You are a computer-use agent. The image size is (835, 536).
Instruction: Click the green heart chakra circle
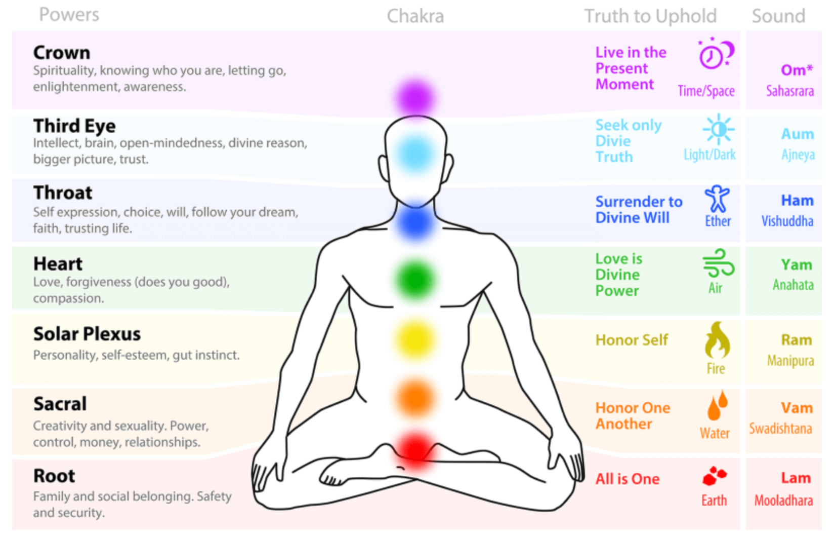coord(415,280)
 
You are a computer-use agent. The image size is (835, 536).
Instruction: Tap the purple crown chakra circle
coord(415,98)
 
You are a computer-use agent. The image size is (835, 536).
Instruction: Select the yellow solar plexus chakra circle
coord(415,340)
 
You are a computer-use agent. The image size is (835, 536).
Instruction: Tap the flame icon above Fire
coord(717,340)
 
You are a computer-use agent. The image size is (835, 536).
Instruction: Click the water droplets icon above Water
coord(717,405)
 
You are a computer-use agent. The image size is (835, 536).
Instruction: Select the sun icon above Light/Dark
coord(718,129)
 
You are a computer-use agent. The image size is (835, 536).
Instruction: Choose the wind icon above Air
coord(718,263)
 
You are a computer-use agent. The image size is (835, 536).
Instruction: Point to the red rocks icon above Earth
coord(715,476)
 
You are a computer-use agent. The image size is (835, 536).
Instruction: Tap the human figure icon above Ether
coord(717,198)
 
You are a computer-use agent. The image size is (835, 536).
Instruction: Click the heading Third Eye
coord(74,126)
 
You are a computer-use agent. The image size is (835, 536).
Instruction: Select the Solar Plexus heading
coord(87,334)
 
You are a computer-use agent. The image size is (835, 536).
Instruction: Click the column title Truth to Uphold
coord(650,16)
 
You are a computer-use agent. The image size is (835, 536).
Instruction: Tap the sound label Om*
coord(797,70)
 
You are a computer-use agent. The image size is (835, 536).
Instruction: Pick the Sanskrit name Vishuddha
coord(787,221)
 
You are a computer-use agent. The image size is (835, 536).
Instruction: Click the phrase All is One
coord(628,479)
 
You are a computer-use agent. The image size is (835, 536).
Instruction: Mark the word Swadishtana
coord(780,428)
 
